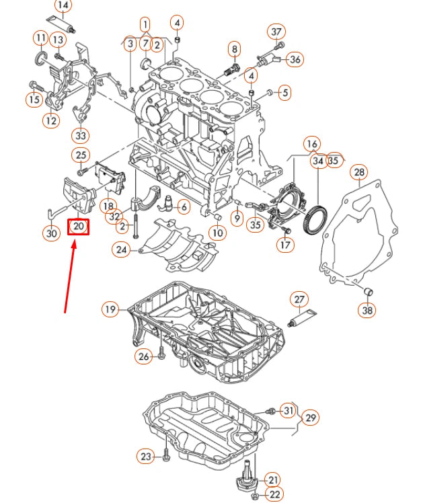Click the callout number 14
[63, 7]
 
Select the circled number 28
[359, 173]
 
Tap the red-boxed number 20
[78, 227]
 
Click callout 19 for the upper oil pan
[110, 309]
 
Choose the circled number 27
[299, 300]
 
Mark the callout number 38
[367, 311]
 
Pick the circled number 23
[147, 457]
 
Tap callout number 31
[288, 410]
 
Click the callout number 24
[121, 250]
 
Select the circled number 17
[285, 245]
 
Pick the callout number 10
[217, 233]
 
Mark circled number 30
[51, 234]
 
